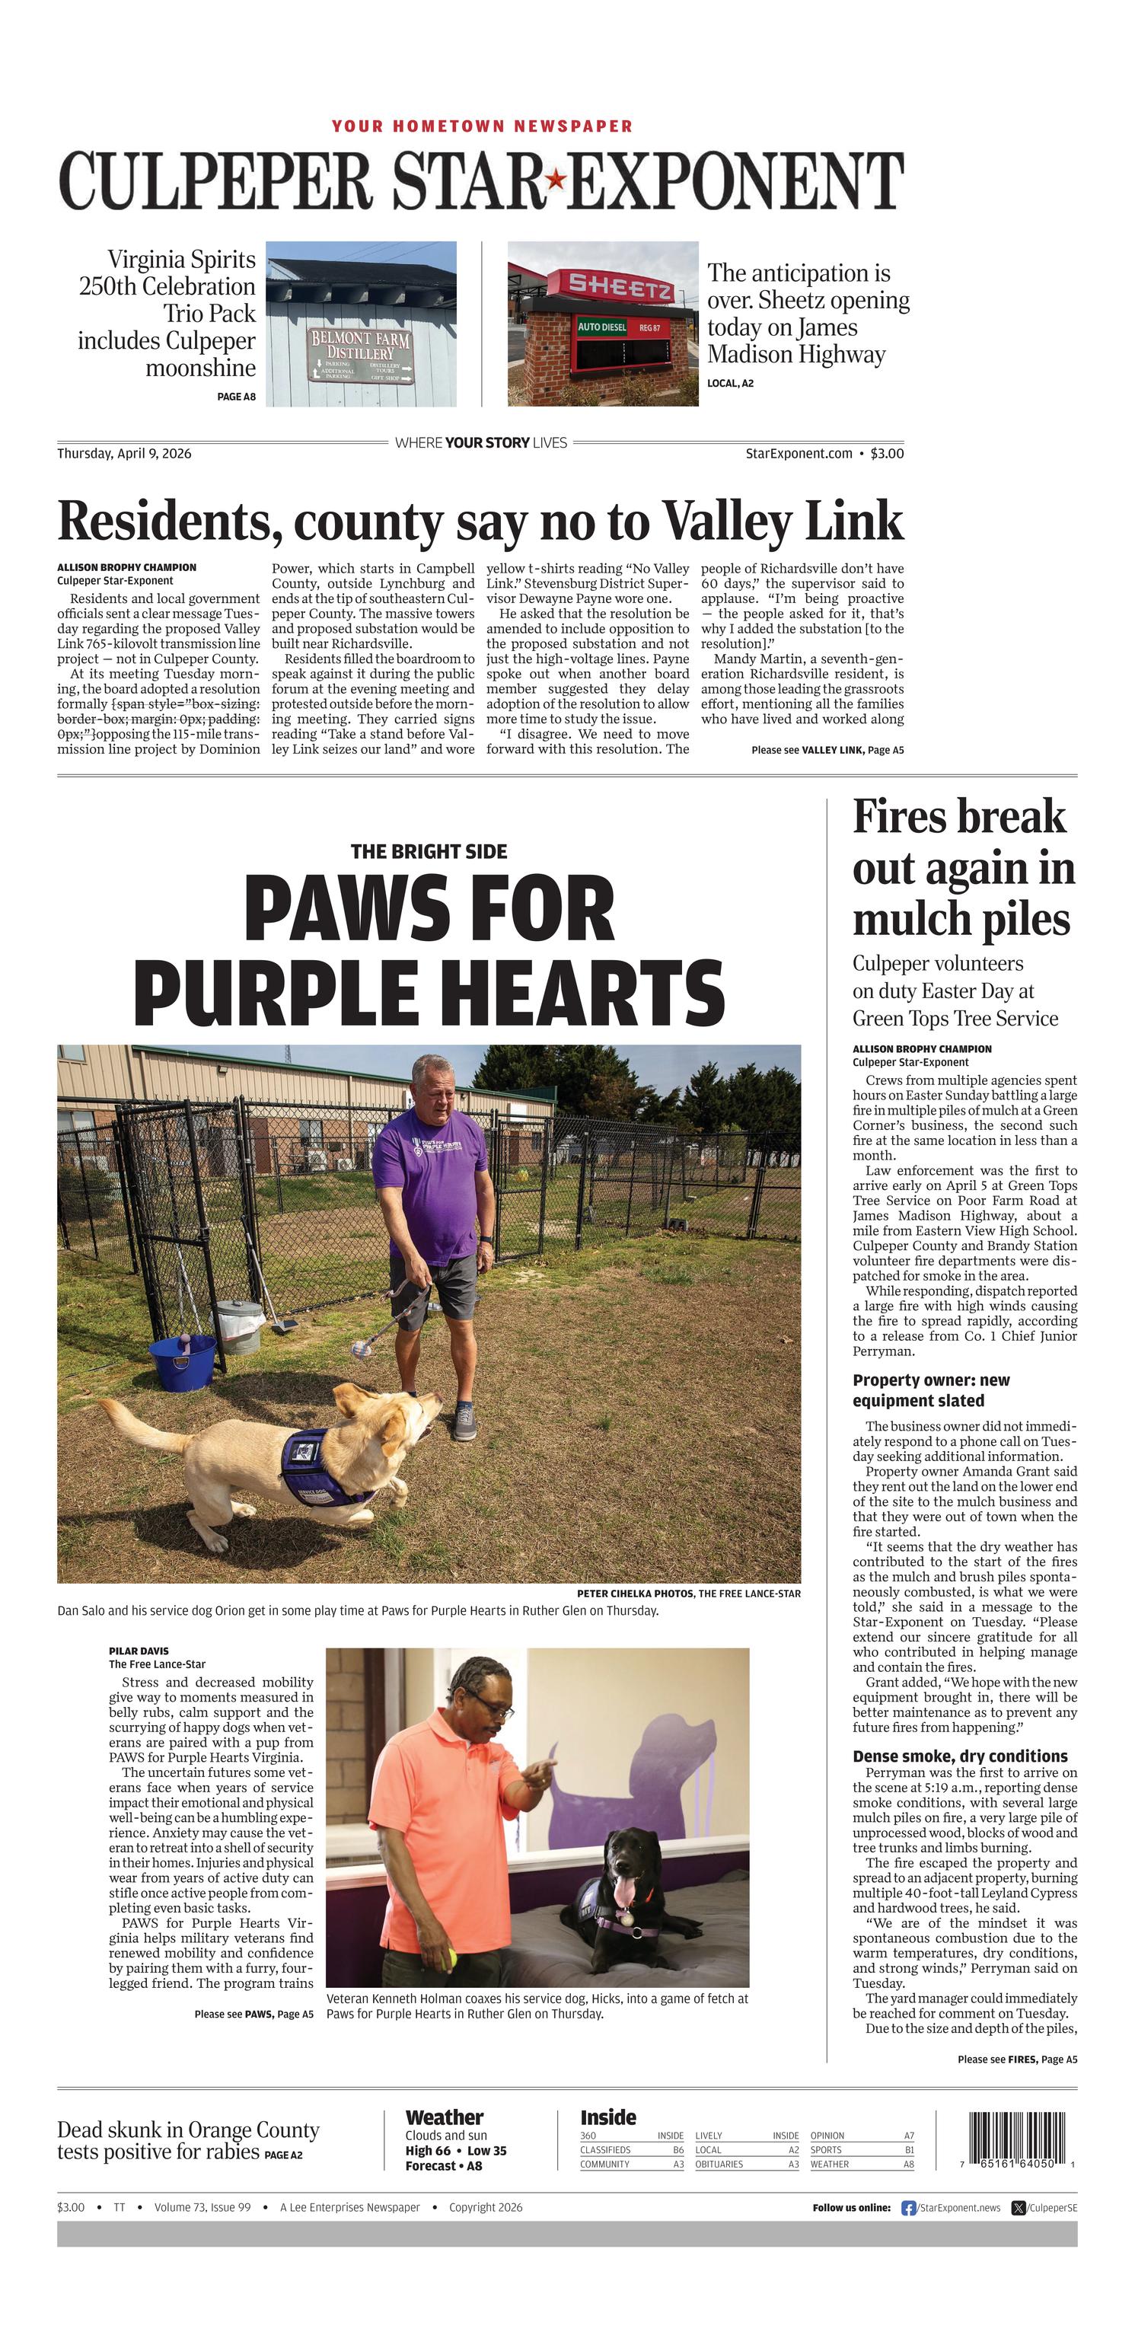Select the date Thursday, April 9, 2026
pyautogui.click(x=124, y=453)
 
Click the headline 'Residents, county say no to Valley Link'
pyautogui.click(x=480, y=522)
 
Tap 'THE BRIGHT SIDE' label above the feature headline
pyautogui.click(x=429, y=851)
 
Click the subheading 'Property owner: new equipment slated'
pyautogui.click(x=931, y=1390)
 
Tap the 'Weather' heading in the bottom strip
pyautogui.click(x=444, y=2117)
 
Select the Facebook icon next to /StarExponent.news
pyautogui.click(x=908, y=2208)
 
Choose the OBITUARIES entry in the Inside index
pyautogui.click(x=719, y=2164)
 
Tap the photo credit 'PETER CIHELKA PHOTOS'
pyautogui.click(x=635, y=1594)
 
